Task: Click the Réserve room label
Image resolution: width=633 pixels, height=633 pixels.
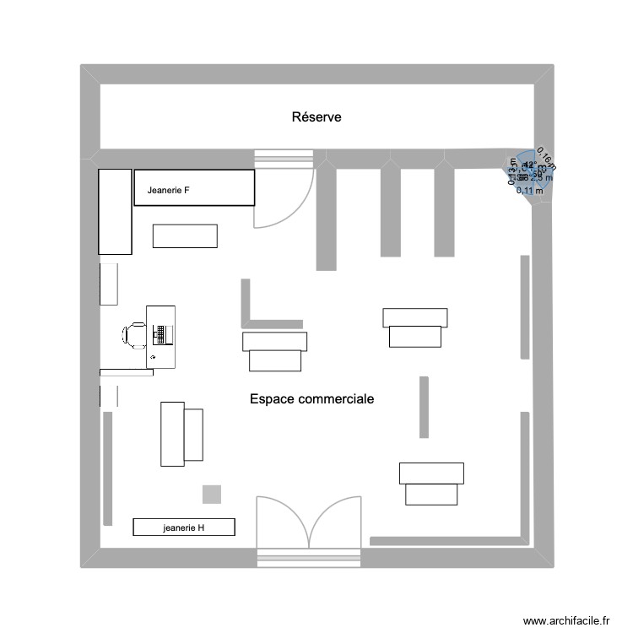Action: tap(316, 117)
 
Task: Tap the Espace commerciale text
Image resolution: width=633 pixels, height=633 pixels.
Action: tap(311, 398)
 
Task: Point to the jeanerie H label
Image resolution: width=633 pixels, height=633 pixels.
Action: tap(184, 528)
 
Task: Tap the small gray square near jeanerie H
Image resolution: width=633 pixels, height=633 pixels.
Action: tap(212, 495)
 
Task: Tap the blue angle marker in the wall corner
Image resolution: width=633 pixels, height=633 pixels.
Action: tap(525, 173)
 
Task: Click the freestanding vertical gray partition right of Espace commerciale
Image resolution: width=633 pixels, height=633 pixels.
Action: tap(424, 407)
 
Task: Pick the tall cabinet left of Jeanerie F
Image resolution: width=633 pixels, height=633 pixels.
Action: tap(116, 211)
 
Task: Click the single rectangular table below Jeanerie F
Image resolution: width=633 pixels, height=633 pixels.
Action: tap(185, 235)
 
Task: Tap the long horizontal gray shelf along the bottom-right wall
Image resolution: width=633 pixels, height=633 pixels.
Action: tap(447, 540)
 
